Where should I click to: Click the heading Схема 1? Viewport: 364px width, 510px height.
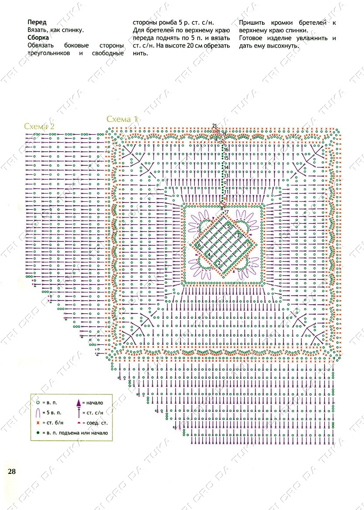tap(122, 119)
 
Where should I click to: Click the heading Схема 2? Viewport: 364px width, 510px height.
tap(39, 126)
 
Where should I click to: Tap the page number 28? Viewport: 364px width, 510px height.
tap(12, 471)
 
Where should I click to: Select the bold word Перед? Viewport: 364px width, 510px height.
tap(37, 22)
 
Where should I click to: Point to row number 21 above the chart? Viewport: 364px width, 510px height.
tap(214, 126)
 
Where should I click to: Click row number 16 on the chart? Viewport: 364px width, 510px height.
tap(226, 150)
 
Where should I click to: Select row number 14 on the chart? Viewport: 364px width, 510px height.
tap(226, 167)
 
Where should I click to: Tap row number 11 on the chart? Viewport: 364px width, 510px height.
tap(226, 192)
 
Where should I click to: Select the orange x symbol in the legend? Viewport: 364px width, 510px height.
tap(38, 423)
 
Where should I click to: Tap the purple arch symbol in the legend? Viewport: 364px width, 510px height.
tap(38, 412)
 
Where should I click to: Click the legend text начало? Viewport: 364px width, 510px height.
tap(93, 403)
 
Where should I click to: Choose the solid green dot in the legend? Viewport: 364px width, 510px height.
tap(38, 433)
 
